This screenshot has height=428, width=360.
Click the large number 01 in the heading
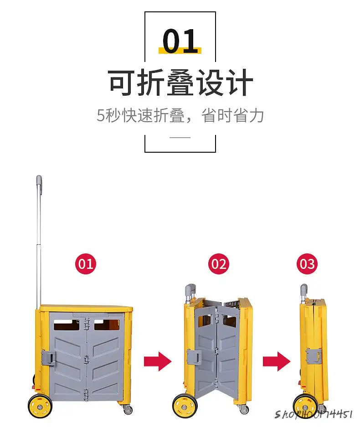coord(180,42)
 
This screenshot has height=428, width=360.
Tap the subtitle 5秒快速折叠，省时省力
coord(180,115)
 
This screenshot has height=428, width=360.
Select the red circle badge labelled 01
coord(86,264)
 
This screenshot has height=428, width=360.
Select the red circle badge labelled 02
coord(218,264)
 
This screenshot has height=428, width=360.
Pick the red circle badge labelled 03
coord(307,264)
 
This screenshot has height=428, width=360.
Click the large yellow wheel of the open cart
coord(40,406)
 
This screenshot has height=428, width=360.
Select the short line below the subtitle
coord(180,137)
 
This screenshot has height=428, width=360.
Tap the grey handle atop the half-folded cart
coord(190,290)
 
